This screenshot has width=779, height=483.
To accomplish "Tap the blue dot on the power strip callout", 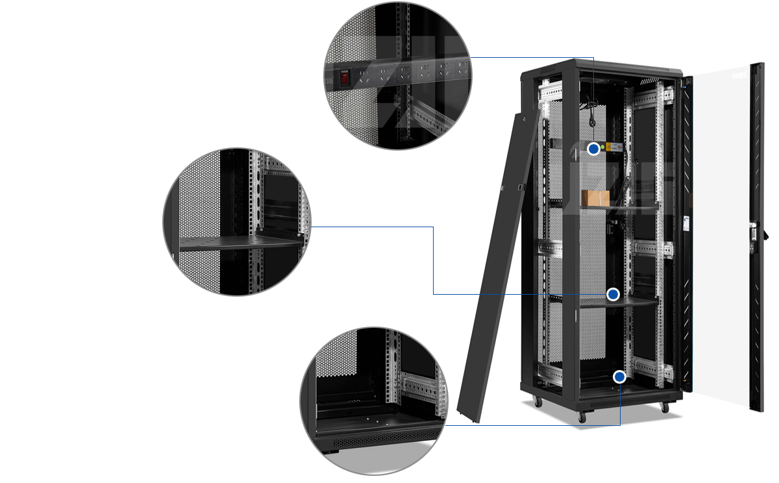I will point(593,149).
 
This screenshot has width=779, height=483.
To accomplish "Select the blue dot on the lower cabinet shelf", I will point(613,295).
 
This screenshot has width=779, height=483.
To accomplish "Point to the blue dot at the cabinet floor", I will point(620,377).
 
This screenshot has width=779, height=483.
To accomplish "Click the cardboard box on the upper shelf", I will point(595,198).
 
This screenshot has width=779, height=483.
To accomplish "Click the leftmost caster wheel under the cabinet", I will point(538,402).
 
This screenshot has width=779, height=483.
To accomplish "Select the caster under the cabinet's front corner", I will point(582,418).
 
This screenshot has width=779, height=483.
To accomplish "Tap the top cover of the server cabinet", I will point(600,65).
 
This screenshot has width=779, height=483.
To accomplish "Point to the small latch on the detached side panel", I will point(520,188).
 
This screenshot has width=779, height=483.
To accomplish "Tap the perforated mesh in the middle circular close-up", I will point(198,195).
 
